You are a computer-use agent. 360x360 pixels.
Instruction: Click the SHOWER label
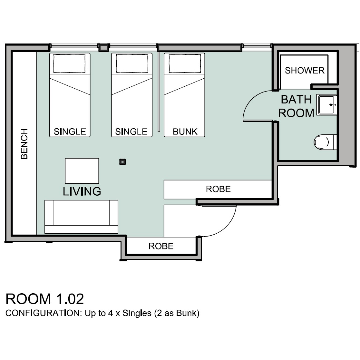pos(305,71)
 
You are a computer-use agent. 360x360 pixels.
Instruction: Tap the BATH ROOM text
pos(296,106)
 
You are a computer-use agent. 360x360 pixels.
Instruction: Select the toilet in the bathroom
pos(325,142)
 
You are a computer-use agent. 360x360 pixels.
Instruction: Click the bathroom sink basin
pos(327,105)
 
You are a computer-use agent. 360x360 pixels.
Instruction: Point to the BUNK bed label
pos(185,131)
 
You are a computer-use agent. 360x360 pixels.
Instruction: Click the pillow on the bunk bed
pos(185,63)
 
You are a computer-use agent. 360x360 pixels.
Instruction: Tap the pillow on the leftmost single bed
pos(69,63)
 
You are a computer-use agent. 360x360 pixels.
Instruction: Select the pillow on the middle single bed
pos(132,63)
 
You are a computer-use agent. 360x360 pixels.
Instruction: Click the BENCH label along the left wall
pos(24,144)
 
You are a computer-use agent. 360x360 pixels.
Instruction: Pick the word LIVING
pos(82,191)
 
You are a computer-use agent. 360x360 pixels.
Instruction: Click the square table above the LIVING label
pos(82,171)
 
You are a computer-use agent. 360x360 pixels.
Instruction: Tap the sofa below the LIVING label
pos(81,217)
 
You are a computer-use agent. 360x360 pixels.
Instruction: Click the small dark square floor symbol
pos(122,162)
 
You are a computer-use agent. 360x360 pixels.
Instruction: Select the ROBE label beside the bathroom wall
pos(218,189)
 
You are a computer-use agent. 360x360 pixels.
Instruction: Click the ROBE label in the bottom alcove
pos(161,246)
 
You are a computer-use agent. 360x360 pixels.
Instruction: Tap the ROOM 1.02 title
pos(45,299)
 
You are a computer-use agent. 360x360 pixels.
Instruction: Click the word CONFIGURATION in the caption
pos(43,313)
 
